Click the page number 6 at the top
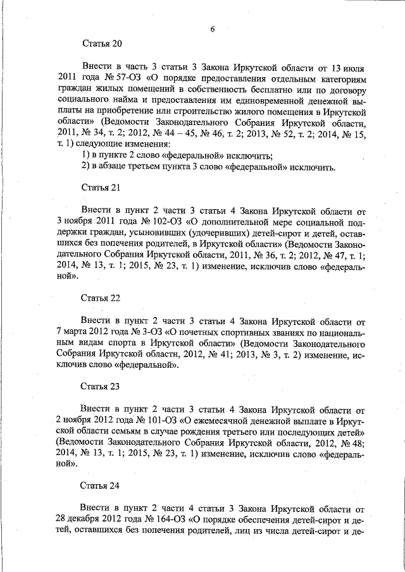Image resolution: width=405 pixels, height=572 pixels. pyautogui.click(x=213, y=30)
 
